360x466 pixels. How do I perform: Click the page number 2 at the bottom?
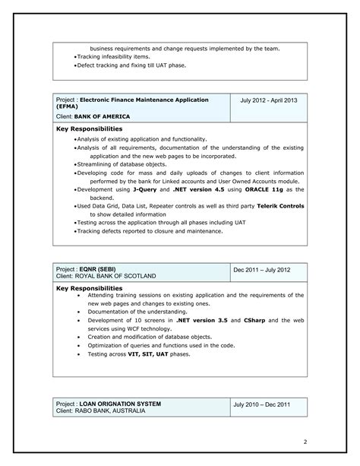pos(305,441)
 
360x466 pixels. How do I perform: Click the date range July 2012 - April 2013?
pos(269,100)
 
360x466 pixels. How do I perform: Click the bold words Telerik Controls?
pos(279,206)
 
